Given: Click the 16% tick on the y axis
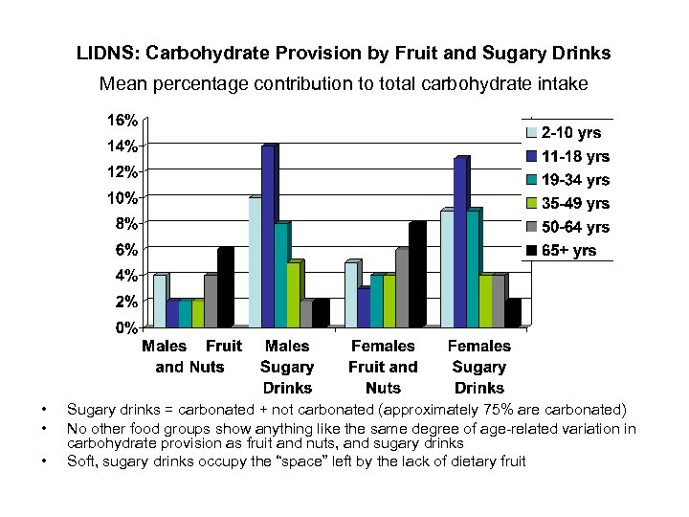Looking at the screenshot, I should (x=122, y=121).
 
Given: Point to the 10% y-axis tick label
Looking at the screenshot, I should (x=122, y=198).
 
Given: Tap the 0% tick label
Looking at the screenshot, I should (x=125, y=327).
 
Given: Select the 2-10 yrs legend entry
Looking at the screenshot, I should (x=569, y=133).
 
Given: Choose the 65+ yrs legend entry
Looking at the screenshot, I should (x=569, y=251).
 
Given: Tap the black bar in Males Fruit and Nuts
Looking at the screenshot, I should (x=224, y=288).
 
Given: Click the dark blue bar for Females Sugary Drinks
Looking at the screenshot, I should (x=460, y=242).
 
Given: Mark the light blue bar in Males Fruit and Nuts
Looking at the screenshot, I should (x=160, y=302).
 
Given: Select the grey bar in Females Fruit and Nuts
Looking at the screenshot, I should (x=401, y=288).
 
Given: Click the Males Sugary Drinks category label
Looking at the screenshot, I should (x=287, y=367).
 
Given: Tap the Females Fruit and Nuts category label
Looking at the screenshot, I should (x=383, y=367).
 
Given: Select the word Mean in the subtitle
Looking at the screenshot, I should (x=122, y=84).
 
